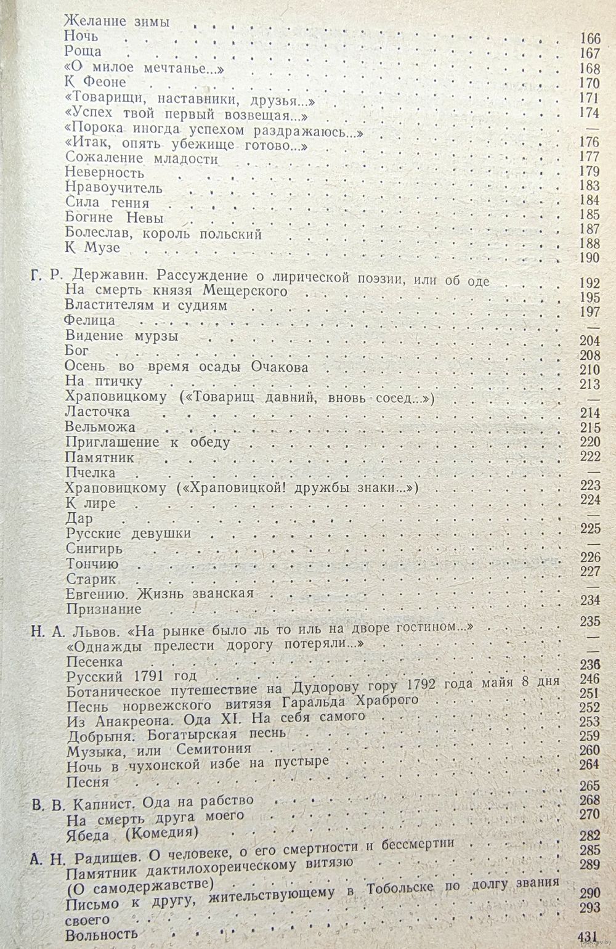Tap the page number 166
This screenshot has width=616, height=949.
pos(590,38)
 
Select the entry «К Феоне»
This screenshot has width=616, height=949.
pos(95,82)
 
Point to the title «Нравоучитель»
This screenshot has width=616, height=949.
pos(114,188)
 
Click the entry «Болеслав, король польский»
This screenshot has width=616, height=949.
pos(163,234)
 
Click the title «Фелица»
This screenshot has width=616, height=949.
pos(90,320)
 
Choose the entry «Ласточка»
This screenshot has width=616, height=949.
pos(97,412)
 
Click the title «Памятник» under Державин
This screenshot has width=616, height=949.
pos(99,458)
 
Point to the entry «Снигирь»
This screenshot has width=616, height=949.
pos(94,548)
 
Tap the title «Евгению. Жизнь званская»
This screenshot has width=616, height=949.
pos(160,594)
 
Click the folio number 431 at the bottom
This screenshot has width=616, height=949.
pos(588,937)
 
